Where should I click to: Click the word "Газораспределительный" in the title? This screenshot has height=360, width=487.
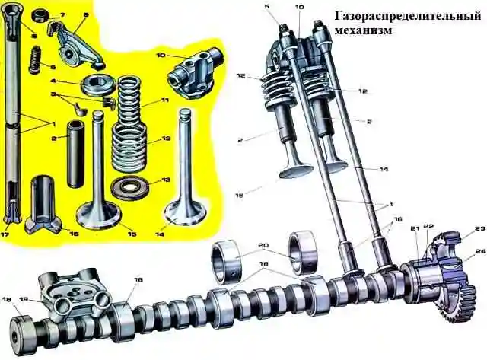click(x=408, y=15)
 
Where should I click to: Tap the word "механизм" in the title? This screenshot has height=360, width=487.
click(x=363, y=31)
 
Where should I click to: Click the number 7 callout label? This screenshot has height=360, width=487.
click(x=62, y=14)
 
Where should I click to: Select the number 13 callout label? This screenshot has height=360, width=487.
click(x=166, y=180)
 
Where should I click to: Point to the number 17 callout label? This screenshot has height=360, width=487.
click(x=5, y=234)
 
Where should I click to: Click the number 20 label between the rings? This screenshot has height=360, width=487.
click(x=264, y=245)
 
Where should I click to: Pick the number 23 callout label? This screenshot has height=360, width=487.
click(x=479, y=229)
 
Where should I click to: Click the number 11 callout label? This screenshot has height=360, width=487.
click(x=164, y=100)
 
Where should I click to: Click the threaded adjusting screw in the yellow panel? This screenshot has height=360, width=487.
click(x=35, y=59)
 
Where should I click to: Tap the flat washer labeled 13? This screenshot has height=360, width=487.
click(x=129, y=187)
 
